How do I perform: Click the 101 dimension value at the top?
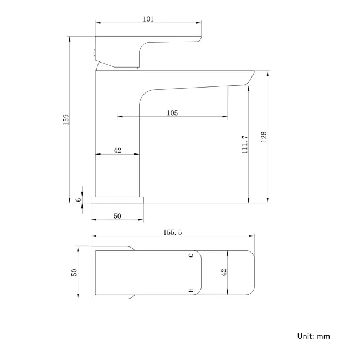coord(148,19)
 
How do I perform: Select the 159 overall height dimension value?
coord(66,120)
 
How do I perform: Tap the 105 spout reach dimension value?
coord(172,113)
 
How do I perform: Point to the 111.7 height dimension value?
coord(245,145)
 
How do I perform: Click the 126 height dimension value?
coord(264,137)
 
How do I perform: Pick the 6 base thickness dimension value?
coord(79,199)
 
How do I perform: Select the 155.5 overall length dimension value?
coord(172,233)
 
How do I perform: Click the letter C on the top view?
coord(191,255)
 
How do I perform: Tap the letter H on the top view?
coord(191,290)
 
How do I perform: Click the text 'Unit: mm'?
coord(313,336)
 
